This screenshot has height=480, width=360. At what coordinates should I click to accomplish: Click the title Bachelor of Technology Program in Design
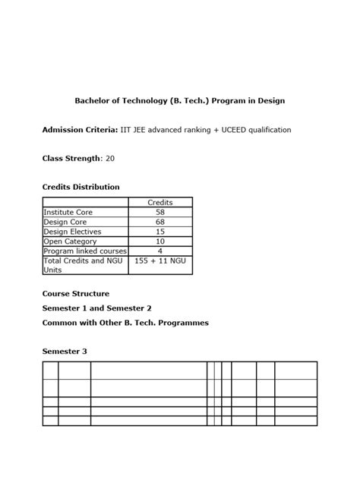tap(179, 100)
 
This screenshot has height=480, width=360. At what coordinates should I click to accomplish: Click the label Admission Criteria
tap(80, 130)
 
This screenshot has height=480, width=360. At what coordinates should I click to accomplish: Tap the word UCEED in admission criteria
tap(235, 130)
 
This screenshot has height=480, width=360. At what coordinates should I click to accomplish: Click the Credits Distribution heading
tap(81, 187)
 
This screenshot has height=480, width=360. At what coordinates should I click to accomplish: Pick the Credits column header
tap(159, 202)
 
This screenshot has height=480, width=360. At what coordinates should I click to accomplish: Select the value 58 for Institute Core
tap(159, 212)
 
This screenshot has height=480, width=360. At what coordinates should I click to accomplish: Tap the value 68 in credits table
tap(159, 222)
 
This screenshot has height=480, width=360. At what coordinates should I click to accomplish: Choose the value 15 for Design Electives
tap(159, 232)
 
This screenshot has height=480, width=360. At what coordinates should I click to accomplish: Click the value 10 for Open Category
tap(159, 242)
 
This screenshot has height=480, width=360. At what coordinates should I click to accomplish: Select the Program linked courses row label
tap(85, 251)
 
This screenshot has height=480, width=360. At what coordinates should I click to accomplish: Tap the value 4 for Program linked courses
tap(159, 251)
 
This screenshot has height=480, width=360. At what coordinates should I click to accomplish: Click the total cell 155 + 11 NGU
tap(159, 261)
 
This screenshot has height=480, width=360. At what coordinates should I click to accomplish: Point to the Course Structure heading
tap(75, 293)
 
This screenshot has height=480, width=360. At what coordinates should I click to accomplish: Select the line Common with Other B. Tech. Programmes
tap(125, 323)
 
